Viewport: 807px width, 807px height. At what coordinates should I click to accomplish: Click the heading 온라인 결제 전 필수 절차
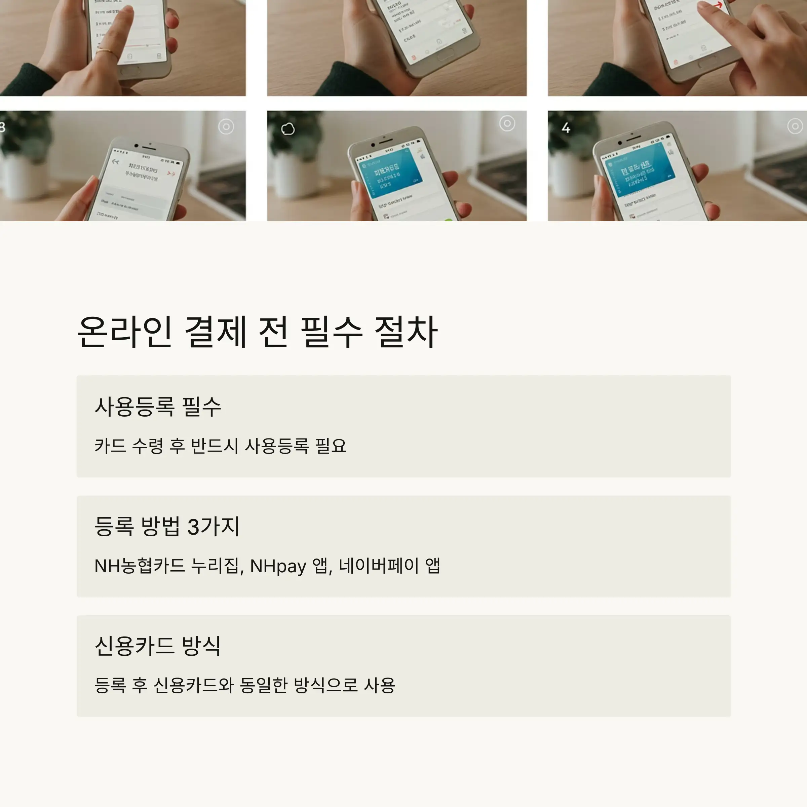coord(257,332)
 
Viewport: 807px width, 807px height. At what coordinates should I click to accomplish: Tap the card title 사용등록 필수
coord(157,407)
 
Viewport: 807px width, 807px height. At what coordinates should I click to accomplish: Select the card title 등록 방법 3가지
coord(167,526)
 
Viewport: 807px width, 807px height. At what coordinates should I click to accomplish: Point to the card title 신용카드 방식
coord(157,646)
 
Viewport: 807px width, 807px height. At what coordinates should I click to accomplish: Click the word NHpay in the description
coord(278,566)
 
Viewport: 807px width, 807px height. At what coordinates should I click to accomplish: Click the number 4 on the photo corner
coord(566,128)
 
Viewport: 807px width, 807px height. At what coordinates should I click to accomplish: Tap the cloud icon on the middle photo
coord(288,129)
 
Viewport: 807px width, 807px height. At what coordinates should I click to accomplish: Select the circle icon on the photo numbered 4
coord(795,126)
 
